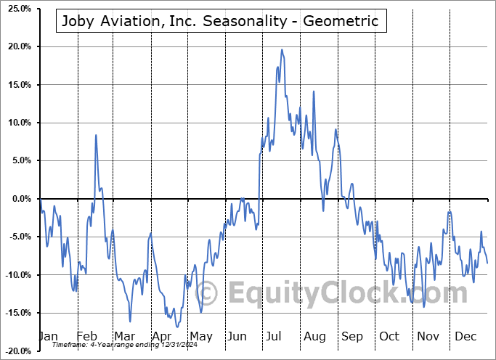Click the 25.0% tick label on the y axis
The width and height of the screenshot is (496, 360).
click(17, 9)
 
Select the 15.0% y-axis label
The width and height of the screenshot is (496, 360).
click(17, 85)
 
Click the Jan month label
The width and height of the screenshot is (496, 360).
click(47, 336)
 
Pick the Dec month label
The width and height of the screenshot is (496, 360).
click(466, 336)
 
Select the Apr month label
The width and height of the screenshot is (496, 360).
click(162, 336)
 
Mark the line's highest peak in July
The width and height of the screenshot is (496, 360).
click(282, 49)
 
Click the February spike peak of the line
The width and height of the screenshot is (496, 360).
click(95, 135)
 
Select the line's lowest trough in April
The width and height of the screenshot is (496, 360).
click(176, 327)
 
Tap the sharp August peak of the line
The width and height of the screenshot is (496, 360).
click(313, 91)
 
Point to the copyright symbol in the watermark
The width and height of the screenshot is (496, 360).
click(207, 293)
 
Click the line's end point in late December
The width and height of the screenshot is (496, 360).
click(487, 263)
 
